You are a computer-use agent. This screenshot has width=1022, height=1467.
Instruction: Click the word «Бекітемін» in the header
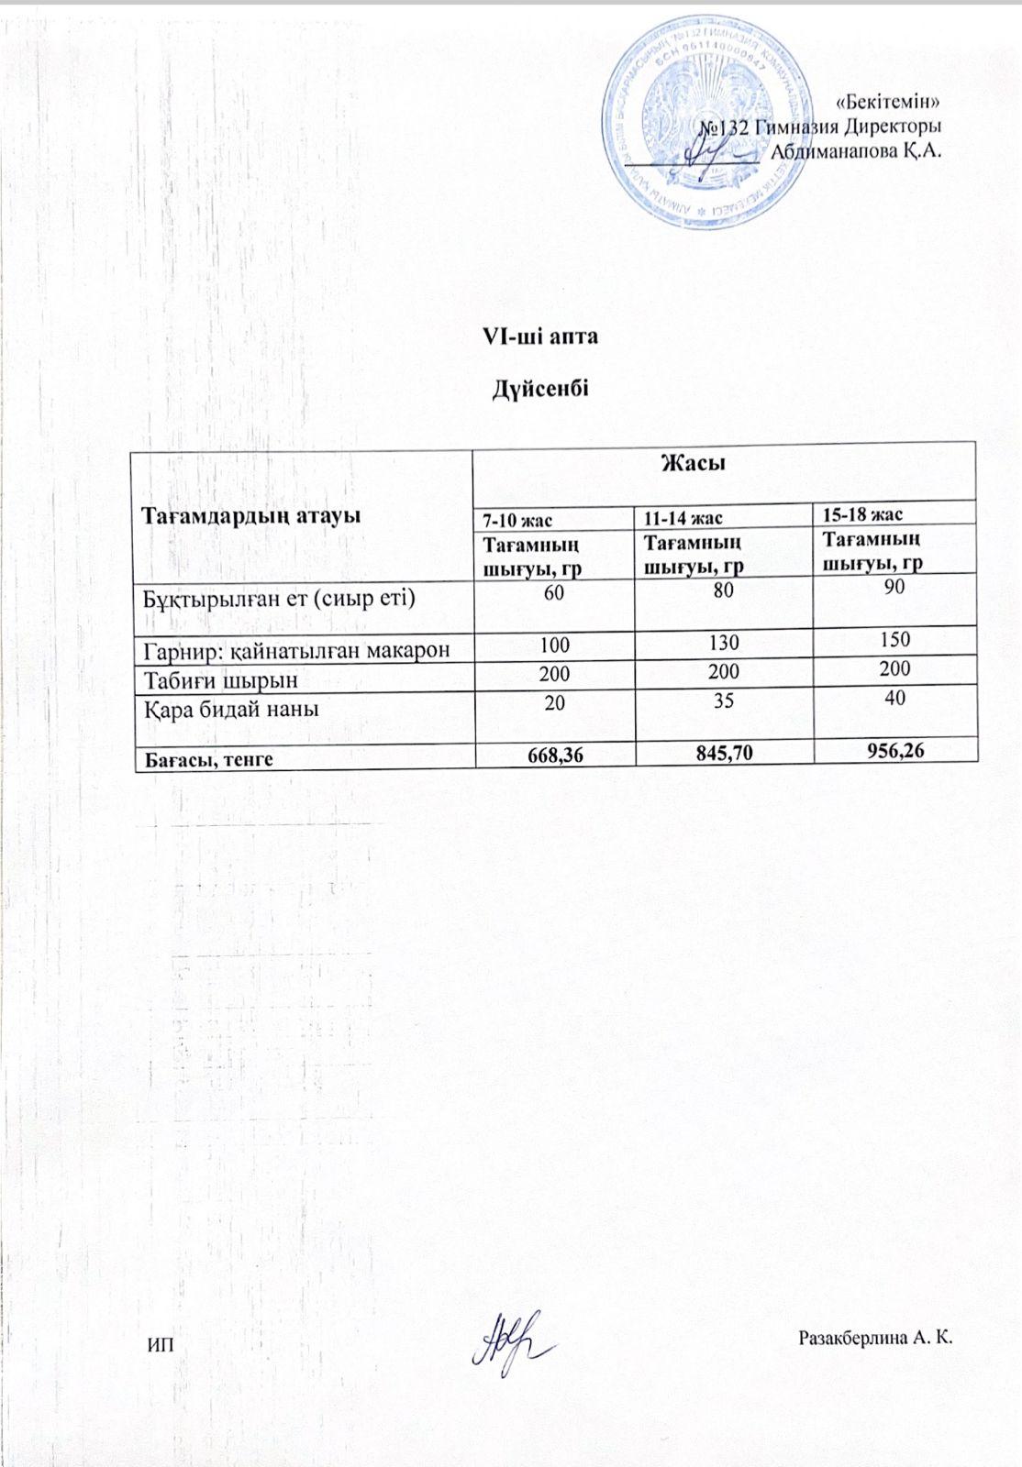pos(889,101)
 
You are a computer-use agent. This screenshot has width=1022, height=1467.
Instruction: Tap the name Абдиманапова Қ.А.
pos(855,151)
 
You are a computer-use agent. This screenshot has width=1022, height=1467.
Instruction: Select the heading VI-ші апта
pos(540,336)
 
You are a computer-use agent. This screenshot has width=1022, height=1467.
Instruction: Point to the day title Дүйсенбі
pos(540,389)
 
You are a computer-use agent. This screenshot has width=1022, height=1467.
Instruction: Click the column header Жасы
pos(693,464)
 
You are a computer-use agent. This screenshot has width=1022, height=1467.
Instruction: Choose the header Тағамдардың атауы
pos(250,515)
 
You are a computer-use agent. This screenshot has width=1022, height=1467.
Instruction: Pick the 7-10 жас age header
pos(517,521)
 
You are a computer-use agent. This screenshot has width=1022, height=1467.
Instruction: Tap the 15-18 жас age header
pos(862,514)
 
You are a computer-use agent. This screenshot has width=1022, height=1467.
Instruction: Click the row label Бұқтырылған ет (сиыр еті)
pos(278,600)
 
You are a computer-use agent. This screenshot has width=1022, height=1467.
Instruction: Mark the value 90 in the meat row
pos(894,587)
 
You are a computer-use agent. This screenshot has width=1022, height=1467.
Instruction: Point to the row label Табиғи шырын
pos(220,680)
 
